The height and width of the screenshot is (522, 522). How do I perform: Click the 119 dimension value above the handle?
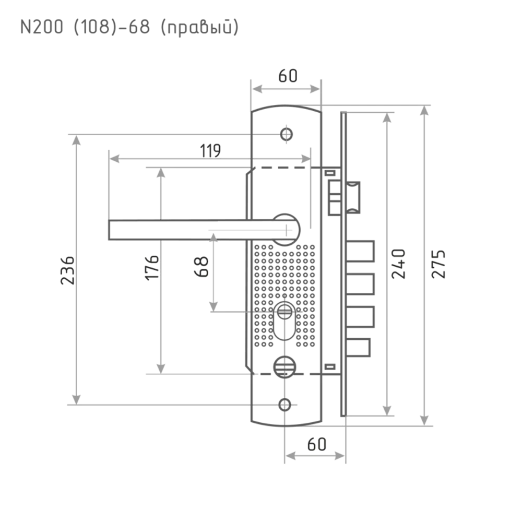point(210,150)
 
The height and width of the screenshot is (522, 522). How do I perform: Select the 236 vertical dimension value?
point(75,269)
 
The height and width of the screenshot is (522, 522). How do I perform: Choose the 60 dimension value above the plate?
point(287,76)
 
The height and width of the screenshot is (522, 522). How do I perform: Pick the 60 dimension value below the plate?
point(316,445)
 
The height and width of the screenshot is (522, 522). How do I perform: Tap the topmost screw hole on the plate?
point(286,134)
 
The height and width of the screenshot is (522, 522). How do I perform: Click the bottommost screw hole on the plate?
point(285,404)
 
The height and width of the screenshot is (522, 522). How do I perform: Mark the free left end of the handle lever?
point(111,230)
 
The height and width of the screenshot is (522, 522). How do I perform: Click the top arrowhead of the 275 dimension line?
point(425,111)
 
